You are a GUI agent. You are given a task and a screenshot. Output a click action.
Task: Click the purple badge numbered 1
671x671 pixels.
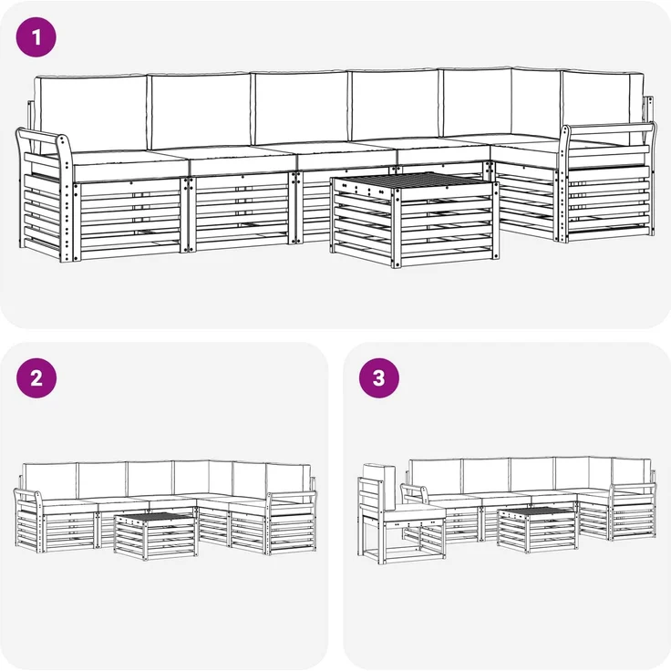tap(36, 37)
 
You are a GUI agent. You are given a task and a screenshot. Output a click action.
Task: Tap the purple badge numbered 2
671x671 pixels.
tap(36, 378)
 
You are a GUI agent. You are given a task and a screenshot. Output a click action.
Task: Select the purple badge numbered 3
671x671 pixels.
tap(379, 378)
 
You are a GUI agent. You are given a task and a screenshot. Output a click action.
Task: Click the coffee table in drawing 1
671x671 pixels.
tap(414, 220)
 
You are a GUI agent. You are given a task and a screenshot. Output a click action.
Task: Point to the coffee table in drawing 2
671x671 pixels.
tap(156, 536)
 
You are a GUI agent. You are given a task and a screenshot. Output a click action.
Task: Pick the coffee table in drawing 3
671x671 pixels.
tap(539, 530)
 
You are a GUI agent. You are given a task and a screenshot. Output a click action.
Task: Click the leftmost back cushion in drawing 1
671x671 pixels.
tap(92, 113)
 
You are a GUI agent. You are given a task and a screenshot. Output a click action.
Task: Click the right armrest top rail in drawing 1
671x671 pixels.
tap(608, 127)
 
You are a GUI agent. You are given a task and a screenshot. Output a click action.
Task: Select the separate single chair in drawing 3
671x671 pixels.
tap(400, 514)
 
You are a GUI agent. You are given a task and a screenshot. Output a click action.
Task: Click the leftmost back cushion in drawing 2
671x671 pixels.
tap(50, 481)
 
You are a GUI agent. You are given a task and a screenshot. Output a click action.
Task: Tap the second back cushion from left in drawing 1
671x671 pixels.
tap(201, 111)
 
